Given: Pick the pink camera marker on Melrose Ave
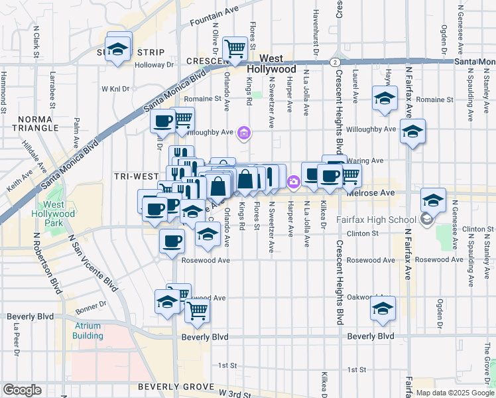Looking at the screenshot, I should click(292, 181).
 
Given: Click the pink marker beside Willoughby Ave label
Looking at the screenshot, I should click(245, 133).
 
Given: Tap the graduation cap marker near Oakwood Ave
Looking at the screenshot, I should click(383, 308).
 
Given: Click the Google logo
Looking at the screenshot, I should click(22, 390).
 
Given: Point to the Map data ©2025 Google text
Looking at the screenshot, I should click(455, 393).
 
